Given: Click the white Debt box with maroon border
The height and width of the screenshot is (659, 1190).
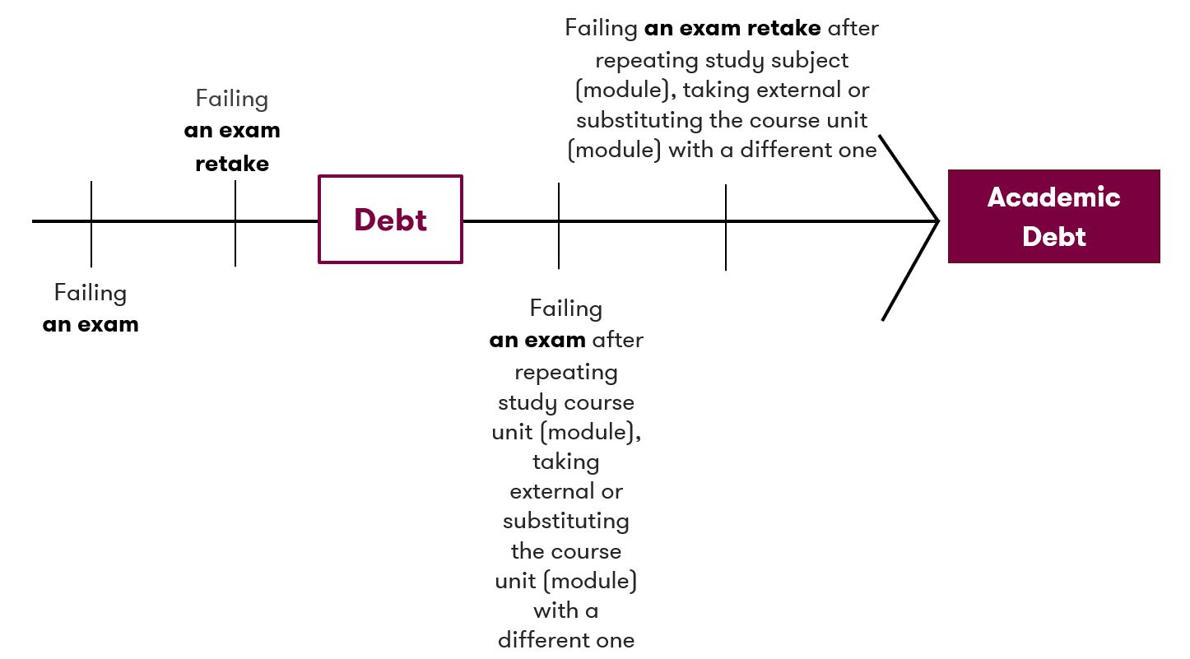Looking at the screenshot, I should (390, 220).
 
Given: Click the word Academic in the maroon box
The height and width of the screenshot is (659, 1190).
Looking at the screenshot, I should (1053, 197).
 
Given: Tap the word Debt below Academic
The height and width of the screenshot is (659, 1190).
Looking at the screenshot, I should (1053, 237).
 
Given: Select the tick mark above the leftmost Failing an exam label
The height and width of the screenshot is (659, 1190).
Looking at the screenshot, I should (91, 224).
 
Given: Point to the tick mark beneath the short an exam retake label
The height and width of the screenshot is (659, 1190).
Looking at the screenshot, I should (235, 224).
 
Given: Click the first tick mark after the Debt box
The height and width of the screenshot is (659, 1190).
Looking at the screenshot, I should (559, 225).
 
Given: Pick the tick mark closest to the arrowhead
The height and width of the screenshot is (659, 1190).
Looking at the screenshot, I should (726, 227).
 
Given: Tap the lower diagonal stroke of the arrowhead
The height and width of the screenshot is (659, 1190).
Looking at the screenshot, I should (910, 270).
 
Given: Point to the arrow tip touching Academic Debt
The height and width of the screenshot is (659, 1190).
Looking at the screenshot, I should (937, 220).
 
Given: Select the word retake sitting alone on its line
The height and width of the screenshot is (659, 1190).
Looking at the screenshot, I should (232, 164).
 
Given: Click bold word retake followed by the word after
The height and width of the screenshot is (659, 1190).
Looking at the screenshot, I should (784, 29).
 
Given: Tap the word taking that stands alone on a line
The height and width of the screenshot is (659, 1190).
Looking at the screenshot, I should (565, 462).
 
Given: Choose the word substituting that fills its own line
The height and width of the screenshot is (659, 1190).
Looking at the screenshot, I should (565, 522).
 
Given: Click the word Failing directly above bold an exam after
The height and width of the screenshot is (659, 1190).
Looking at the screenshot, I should (565, 309).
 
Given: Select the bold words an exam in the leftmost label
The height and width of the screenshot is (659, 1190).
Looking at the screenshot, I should (91, 325).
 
